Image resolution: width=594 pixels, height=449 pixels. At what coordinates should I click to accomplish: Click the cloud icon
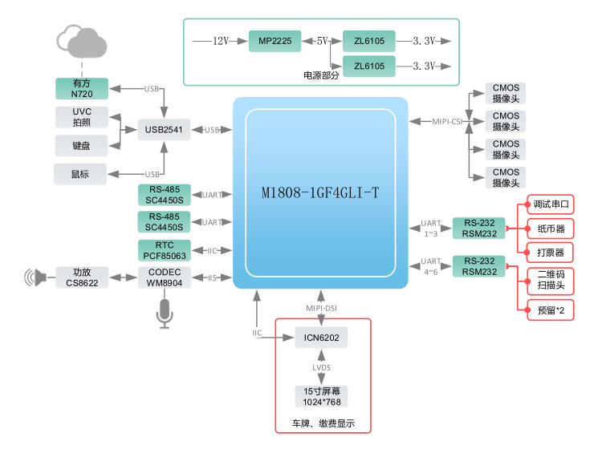pyautogui.click(x=83, y=40)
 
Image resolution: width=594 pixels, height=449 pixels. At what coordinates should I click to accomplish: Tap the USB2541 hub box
pyautogui.click(x=164, y=129)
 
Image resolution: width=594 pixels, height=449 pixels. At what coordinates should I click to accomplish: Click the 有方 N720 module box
pyautogui.click(x=82, y=88)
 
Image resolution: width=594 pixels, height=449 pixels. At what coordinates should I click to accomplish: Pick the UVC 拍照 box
pyautogui.click(x=82, y=117)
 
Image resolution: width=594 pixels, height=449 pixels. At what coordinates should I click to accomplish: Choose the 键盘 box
pyautogui.click(x=81, y=145)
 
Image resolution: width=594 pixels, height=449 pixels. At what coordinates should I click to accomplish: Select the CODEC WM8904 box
pyautogui.click(x=165, y=277)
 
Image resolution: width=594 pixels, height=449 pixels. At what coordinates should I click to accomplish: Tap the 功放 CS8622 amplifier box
pyautogui.click(x=82, y=277)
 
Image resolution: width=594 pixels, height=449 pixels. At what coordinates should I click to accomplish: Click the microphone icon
pyautogui.click(x=165, y=313)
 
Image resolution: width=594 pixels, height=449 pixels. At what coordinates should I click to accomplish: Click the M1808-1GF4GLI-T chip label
pyautogui.click(x=320, y=193)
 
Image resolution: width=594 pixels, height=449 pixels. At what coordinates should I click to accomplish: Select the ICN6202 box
pyautogui.click(x=321, y=338)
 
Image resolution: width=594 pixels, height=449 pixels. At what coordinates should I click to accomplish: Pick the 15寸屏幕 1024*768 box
pyautogui.click(x=321, y=396)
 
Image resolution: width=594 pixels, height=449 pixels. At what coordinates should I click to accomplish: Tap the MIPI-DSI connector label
pyautogui.click(x=321, y=307)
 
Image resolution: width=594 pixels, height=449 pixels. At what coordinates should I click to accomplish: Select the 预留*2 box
pyautogui.click(x=550, y=309)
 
